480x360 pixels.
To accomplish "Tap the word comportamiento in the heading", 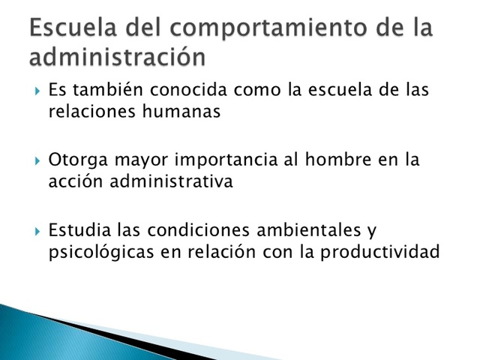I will tap(265, 28).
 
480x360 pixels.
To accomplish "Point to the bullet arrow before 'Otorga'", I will tap(37, 161).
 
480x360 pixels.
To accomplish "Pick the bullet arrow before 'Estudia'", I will tap(37, 231).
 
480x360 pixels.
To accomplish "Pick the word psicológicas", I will tap(94, 251).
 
